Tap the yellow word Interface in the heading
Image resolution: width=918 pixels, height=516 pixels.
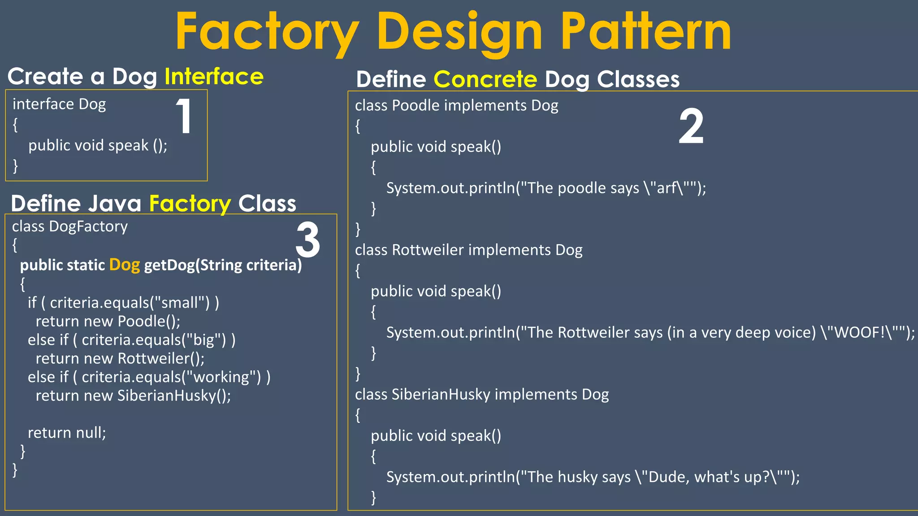tap(214, 77)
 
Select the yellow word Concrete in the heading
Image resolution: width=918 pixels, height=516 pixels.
tap(485, 80)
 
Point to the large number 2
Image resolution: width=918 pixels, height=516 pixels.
tap(691, 127)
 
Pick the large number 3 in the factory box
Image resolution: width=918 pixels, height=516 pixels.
tap(308, 241)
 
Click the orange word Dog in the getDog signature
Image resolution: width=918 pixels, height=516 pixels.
tap(125, 265)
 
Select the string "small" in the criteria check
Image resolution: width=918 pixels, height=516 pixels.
tap(179, 303)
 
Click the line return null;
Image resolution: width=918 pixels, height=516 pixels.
tap(67, 433)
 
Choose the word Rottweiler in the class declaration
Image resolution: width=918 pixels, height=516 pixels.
tap(427, 250)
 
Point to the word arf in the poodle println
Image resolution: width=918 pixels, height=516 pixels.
tap(667, 188)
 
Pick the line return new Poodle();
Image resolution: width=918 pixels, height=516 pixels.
tap(108, 322)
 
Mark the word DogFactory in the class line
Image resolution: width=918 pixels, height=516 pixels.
tap(88, 227)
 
